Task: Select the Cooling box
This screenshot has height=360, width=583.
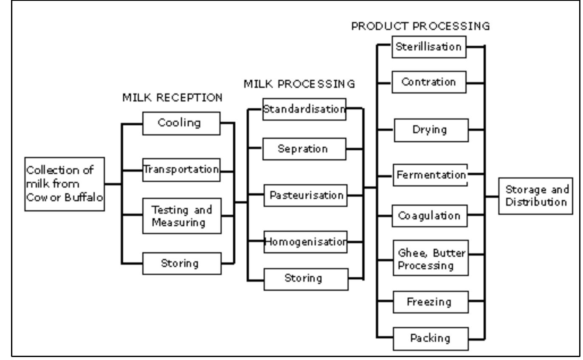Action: [182, 123]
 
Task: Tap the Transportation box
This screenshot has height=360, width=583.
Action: [182, 170]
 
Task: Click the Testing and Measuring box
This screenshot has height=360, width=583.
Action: [182, 216]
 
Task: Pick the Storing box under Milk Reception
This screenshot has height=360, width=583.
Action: [182, 263]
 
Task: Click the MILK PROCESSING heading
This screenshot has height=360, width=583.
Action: [299, 84]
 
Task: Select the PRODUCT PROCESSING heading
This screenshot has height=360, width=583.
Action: [421, 26]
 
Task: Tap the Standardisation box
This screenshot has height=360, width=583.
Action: [304, 109]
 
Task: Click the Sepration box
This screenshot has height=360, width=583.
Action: [304, 149]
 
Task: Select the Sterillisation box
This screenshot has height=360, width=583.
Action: [430, 47]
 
